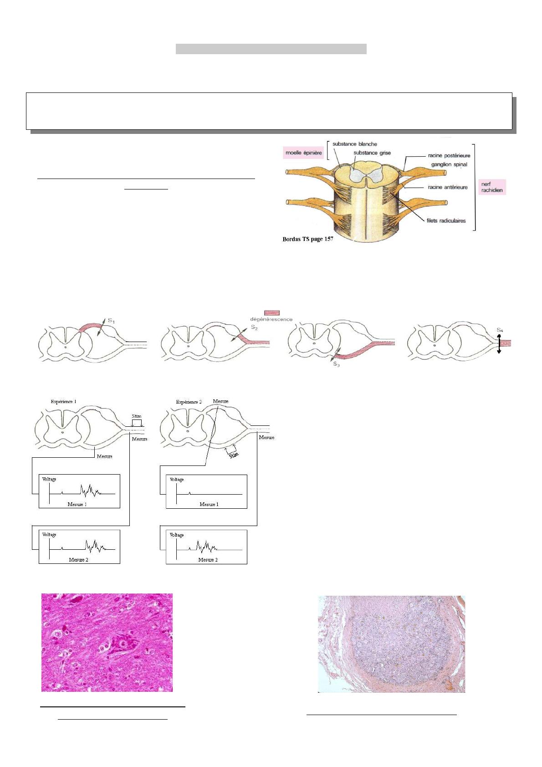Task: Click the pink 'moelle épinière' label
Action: [x=304, y=153]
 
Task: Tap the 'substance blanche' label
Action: [x=354, y=144]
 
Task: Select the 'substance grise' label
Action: [x=372, y=153]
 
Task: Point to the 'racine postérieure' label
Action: [x=449, y=155]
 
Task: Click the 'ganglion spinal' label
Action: [x=449, y=164]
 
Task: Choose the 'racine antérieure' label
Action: [x=448, y=187]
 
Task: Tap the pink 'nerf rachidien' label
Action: [x=492, y=187]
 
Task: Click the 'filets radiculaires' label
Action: [x=446, y=220]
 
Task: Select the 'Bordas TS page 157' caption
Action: [x=308, y=239]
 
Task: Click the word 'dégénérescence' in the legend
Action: [x=271, y=319]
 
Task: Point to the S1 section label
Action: [x=111, y=321]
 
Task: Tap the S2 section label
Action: [x=255, y=327]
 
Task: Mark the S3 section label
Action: [x=337, y=364]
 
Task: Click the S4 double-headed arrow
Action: [x=499, y=344]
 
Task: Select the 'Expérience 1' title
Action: [x=64, y=401]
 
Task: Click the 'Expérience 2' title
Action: [x=189, y=402]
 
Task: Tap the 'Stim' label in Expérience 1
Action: [x=137, y=416]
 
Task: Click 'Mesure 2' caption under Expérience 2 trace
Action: [x=208, y=559]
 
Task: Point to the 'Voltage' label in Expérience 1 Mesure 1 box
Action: [x=49, y=479]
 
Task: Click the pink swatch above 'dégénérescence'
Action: [x=272, y=313]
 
